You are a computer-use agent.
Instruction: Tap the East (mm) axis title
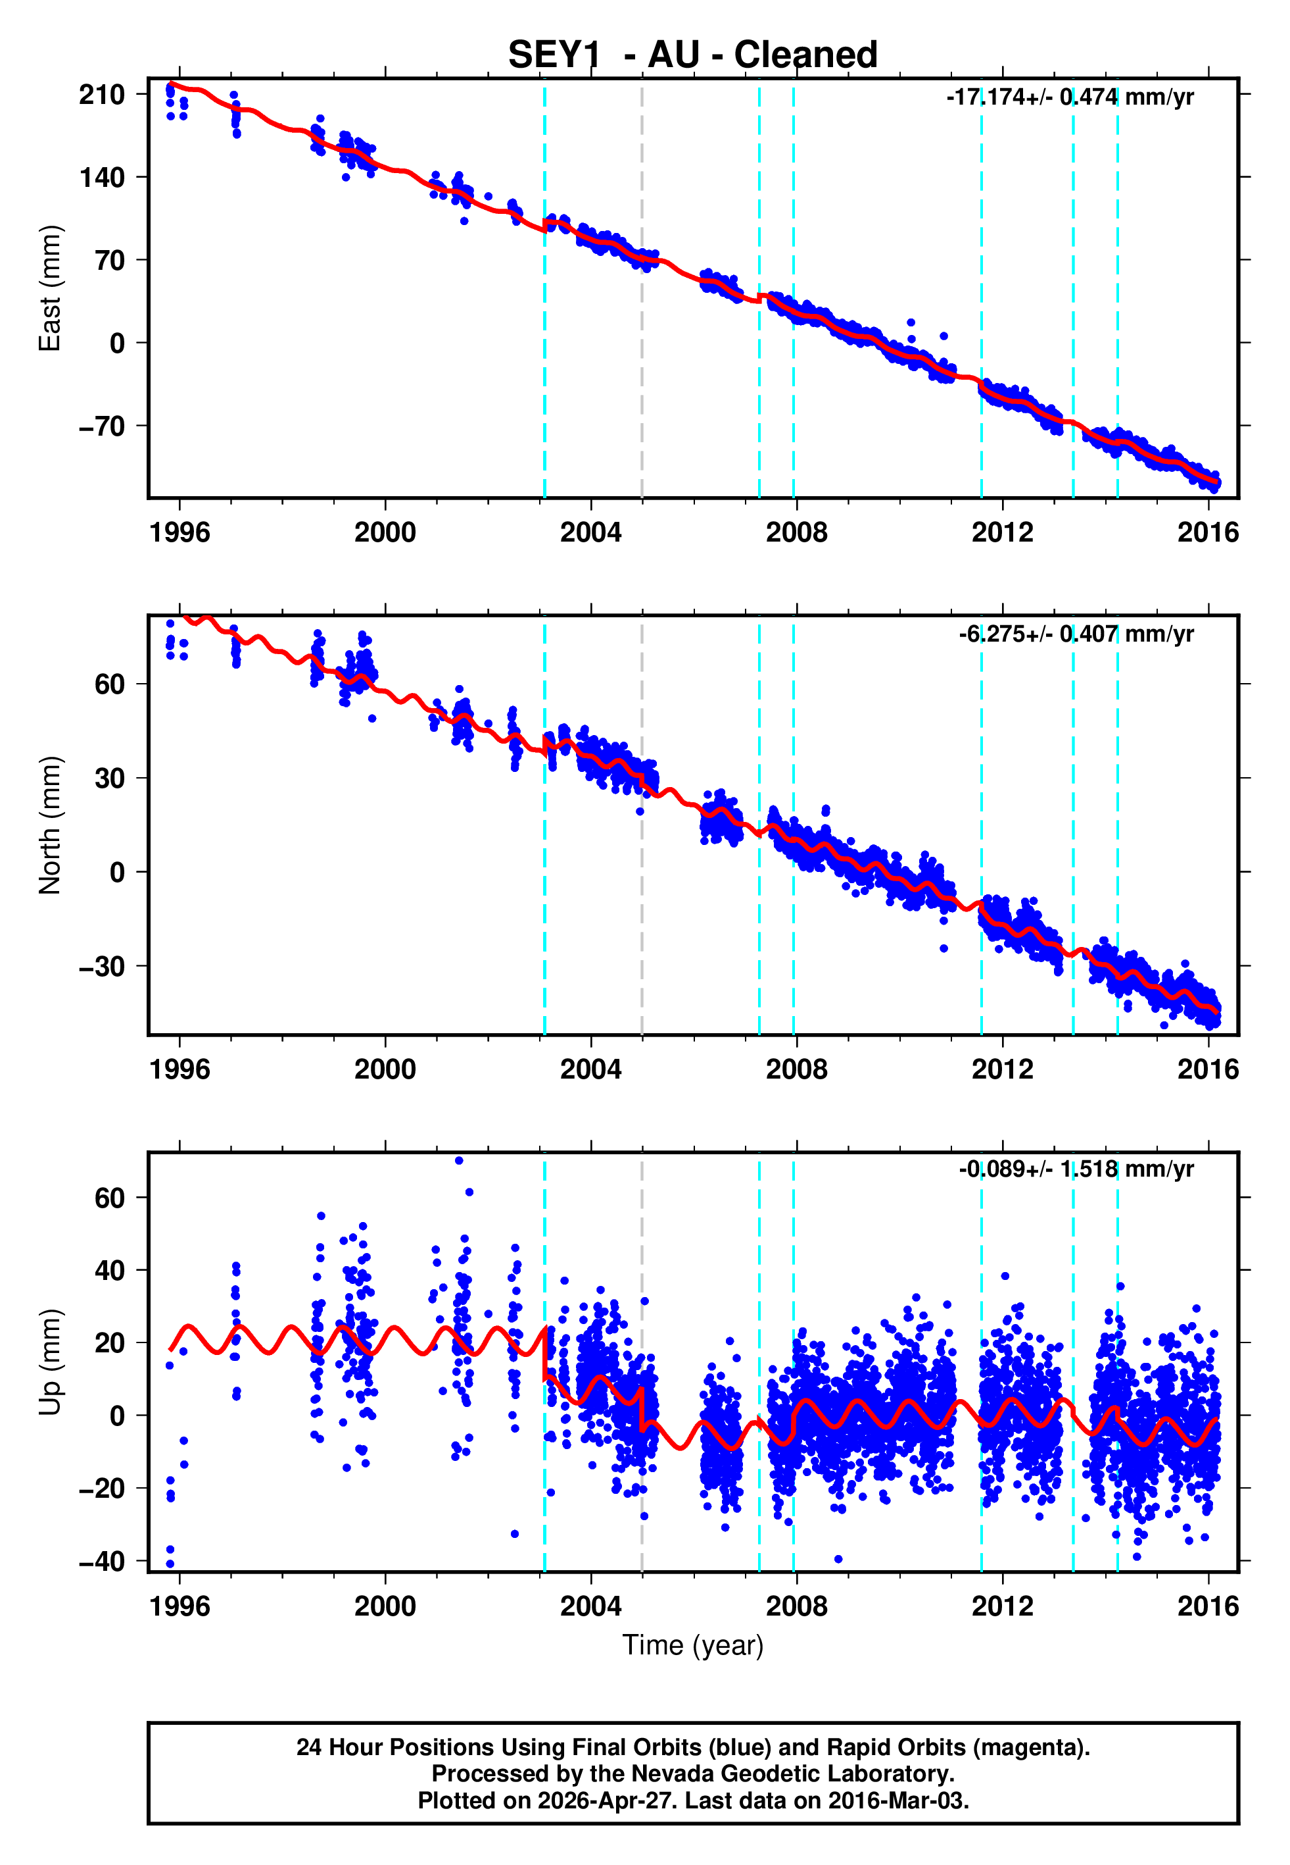pyautogui.click(x=50, y=288)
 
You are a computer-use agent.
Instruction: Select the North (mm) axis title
pyautogui.click(x=50, y=825)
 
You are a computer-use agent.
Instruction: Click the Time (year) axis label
pyautogui.click(x=693, y=1646)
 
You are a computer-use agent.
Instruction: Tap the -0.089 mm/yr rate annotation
pyautogui.click(x=1076, y=1169)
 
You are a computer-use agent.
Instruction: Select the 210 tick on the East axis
pyautogui.click(x=102, y=95)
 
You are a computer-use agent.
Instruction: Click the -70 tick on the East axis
pyautogui.click(x=102, y=426)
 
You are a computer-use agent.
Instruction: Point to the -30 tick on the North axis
pyautogui.click(x=102, y=967)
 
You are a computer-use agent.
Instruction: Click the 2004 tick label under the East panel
pyautogui.click(x=591, y=532)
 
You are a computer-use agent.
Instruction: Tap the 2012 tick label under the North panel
pyautogui.click(x=1002, y=1069)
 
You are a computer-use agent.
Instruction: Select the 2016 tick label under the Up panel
pyautogui.click(x=1208, y=1606)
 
